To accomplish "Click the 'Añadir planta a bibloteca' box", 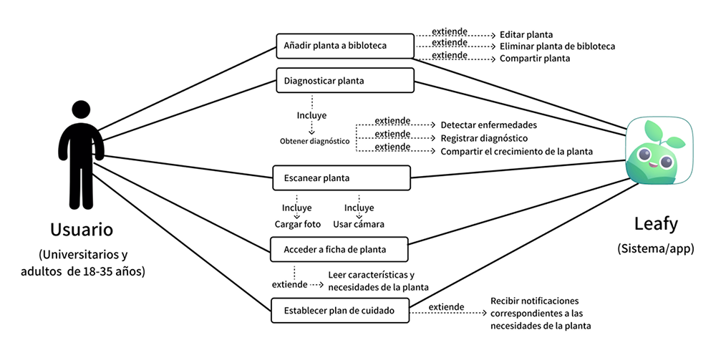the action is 345,46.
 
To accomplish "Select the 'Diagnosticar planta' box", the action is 345,80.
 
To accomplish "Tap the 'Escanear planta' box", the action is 342,178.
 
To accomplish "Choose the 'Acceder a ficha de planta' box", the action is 339,250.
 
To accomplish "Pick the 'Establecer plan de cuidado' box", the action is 340,311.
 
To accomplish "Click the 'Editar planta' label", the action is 526,35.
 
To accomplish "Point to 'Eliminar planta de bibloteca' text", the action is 557,47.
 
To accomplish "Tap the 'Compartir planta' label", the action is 535,59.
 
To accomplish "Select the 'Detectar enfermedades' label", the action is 489,125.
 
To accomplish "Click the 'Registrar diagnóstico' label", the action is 484,138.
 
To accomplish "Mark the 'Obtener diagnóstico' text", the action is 314,142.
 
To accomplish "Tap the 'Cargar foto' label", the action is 298,224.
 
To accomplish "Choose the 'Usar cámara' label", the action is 359,224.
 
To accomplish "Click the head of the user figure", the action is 82,110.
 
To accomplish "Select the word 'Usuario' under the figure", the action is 82,230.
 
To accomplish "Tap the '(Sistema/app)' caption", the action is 656,249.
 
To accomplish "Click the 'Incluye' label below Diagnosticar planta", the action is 311,115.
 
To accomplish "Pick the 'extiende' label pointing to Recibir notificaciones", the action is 446,306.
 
